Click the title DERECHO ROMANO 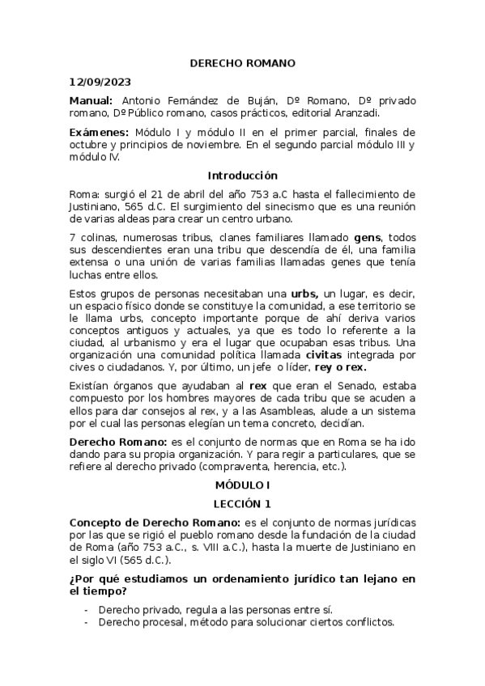pos(242,63)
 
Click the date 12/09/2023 pos(100,82)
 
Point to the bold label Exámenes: pos(99,133)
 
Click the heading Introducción pos(242,176)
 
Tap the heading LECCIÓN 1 pos(242,503)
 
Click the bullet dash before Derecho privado pos(87,609)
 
